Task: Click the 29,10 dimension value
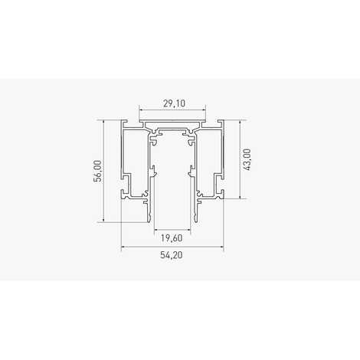click(174, 103)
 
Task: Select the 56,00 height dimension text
click(97, 171)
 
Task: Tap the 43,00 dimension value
click(247, 159)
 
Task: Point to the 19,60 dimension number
click(172, 238)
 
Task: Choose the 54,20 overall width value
click(172, 255)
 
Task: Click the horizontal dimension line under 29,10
click(172, 110)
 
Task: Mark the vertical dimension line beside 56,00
click(103, 171)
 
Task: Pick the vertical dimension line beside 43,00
click(241, 159)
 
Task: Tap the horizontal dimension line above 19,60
click(172, 230)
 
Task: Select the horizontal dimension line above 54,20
click(172, 247)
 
